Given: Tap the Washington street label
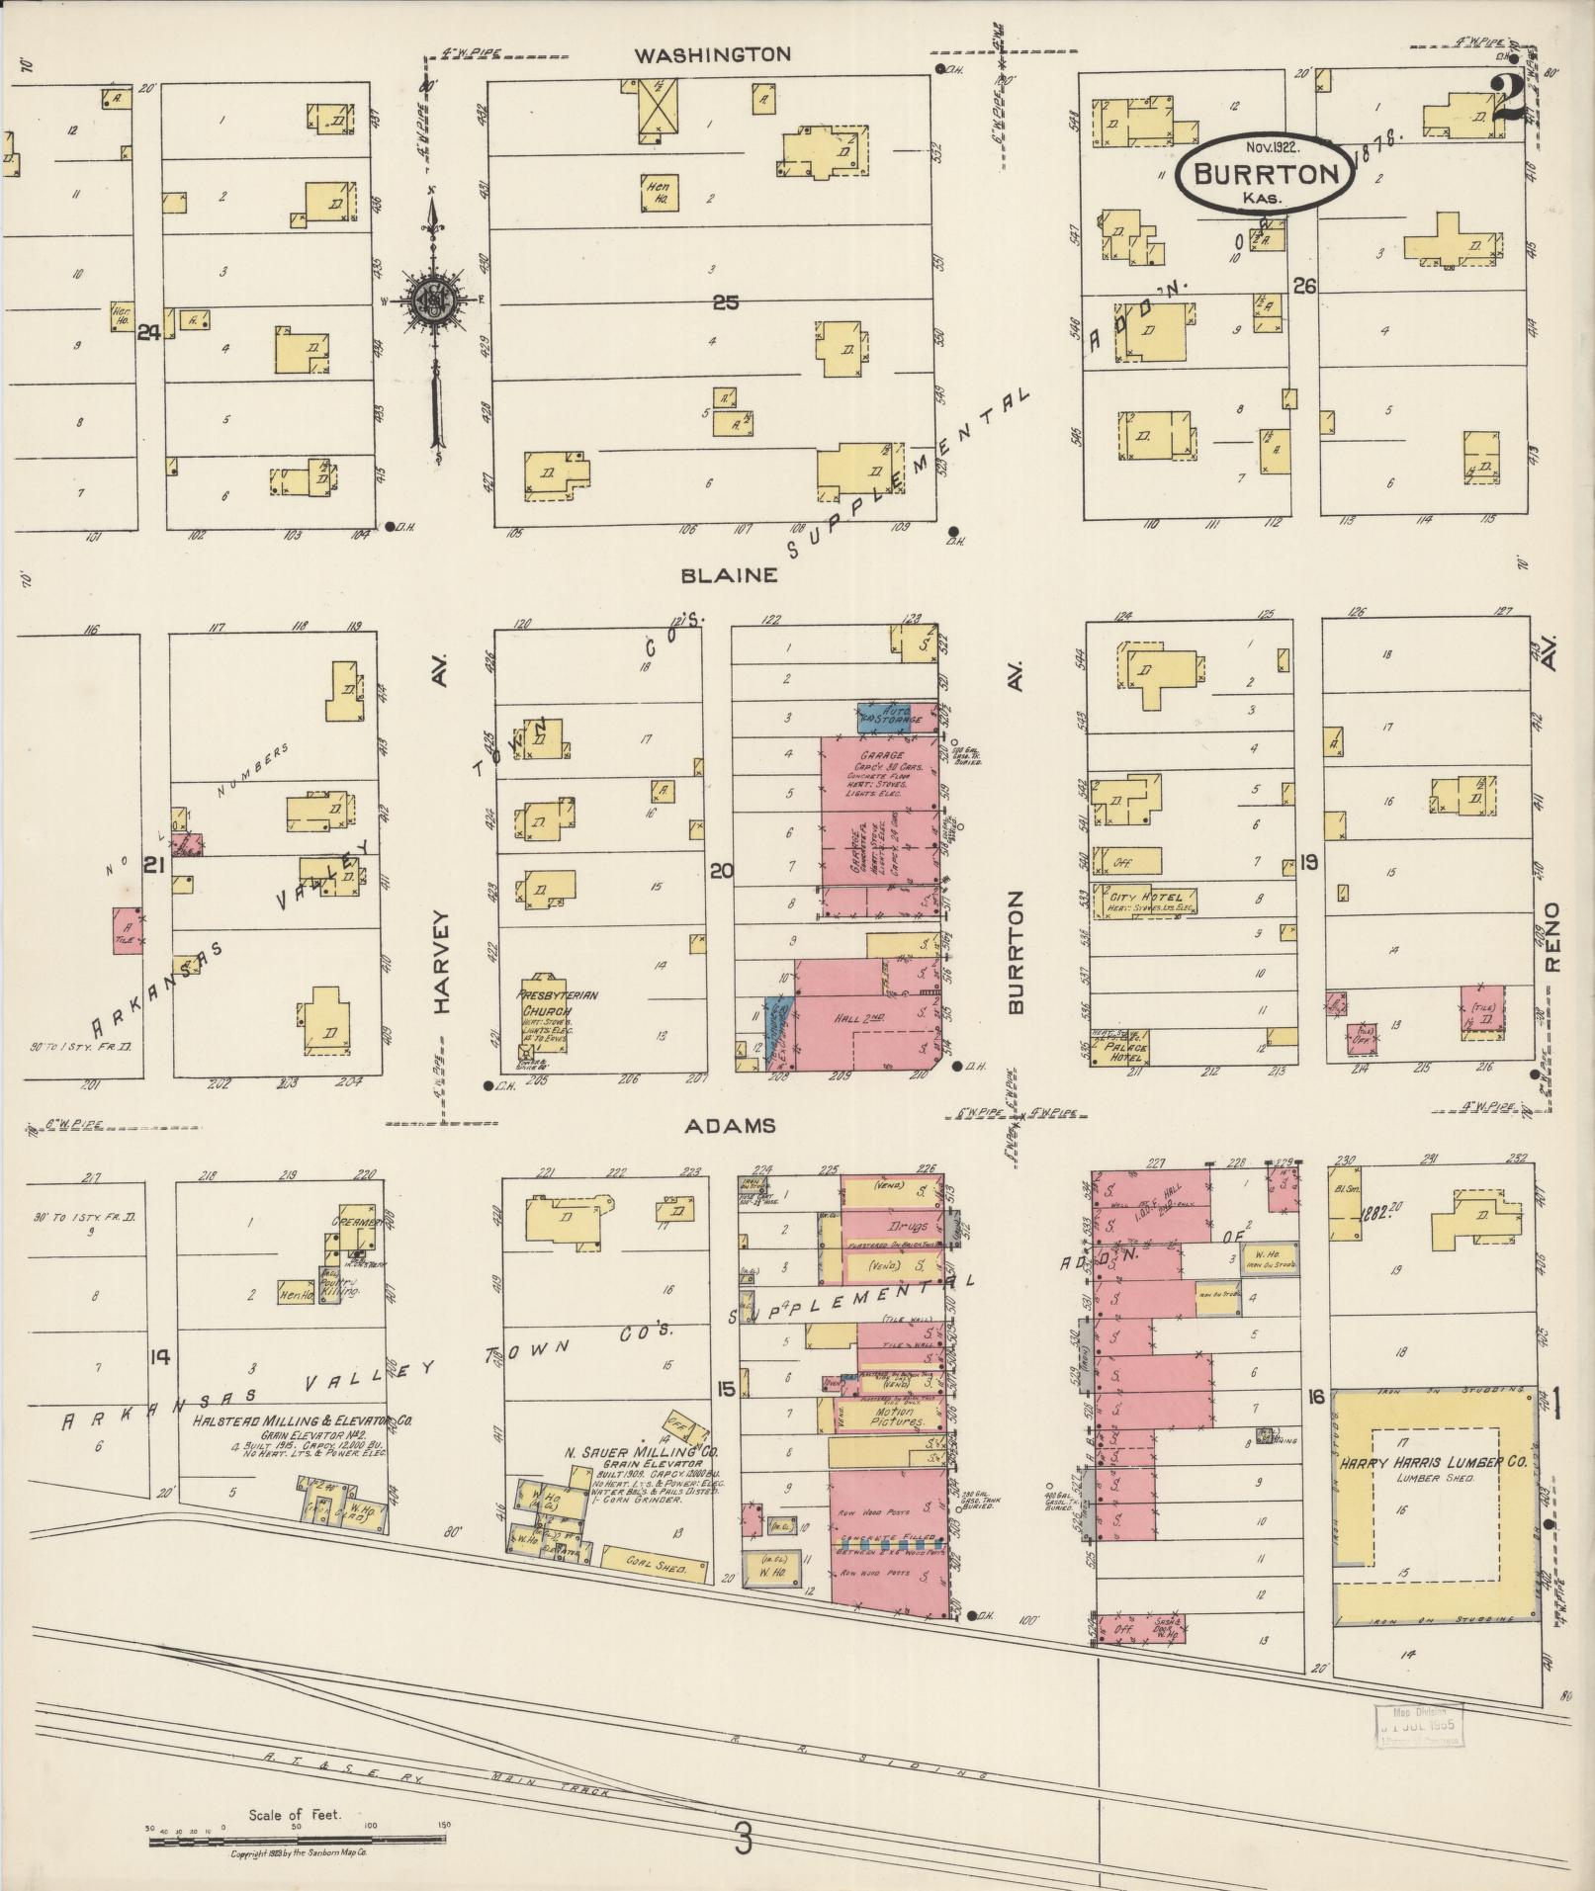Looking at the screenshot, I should click(x=712, y=54).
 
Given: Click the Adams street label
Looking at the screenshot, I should click(x=727, y=1125).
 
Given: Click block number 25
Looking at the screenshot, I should click(x=725, y=302).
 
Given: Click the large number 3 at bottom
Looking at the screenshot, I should click(x=744, y=1840).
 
